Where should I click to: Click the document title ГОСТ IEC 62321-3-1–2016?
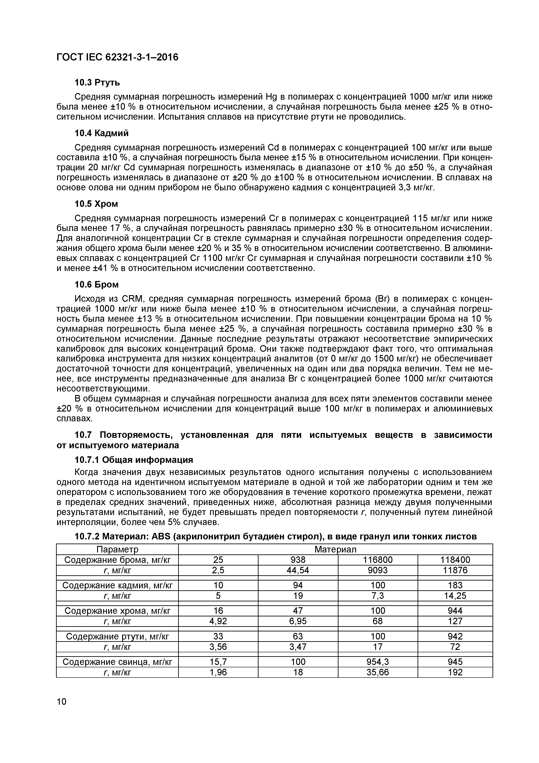tap(117, 57)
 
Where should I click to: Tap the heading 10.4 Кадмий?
tap(101, 133)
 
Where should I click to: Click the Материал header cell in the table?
tap(335, 549)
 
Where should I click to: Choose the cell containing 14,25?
tap(455, 596)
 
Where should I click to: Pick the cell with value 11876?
tap(455, 570)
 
